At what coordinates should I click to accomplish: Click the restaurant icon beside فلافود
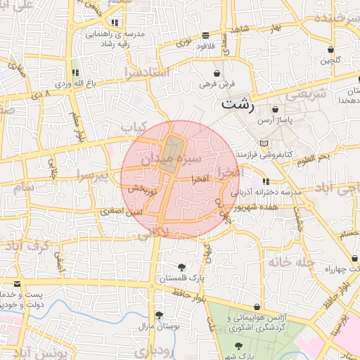(x=205, y=34)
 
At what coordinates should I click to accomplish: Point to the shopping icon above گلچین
(x=330, y=49)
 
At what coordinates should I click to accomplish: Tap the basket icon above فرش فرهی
(x=217, y=72)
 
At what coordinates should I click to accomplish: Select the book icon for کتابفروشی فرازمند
(x=264, y=143)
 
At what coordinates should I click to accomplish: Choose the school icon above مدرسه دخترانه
(x=265, y=182)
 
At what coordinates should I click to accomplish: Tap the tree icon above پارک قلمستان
(x=182, y=267)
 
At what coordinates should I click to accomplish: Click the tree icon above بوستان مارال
(x=159, y=315)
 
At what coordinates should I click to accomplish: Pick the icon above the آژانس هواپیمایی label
(x=258, y=307)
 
